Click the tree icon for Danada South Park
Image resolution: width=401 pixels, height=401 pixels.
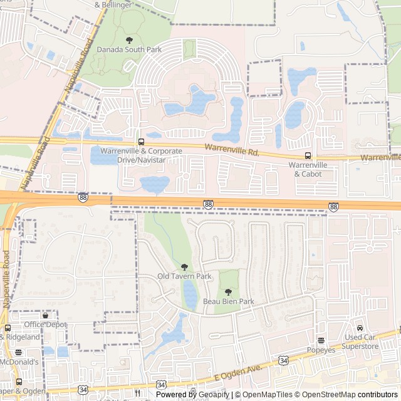(129, 40)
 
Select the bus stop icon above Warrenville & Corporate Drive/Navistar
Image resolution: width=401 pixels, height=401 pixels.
(140, 142)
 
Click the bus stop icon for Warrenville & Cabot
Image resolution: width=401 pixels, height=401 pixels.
(308, 155)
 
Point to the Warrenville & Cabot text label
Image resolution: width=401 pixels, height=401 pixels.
(308, 169)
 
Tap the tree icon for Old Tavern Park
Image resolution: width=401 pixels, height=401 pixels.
(184, 267)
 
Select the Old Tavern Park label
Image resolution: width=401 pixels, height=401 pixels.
(184, 276)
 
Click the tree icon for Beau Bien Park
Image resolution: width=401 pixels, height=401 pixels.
(228, 292)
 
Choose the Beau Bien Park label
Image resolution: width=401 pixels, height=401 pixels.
(229, 301)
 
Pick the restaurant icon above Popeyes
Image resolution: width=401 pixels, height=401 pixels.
(321, 341)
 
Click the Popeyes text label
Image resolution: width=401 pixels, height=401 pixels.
(321, 350)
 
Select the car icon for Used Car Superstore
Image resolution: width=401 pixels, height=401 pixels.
(360, 328)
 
